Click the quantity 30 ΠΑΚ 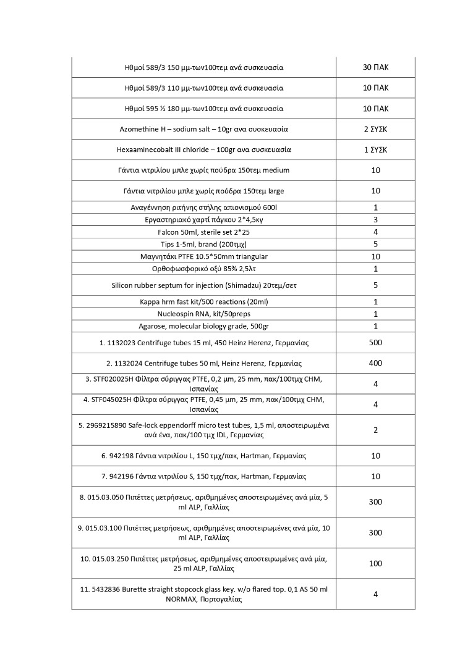coord(375,67)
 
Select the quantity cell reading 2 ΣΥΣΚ coord(375,129)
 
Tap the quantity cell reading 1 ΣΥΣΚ coord(375,149)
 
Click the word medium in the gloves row coord(276,170)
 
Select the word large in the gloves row coord(276,191)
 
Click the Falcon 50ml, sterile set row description coord(203,232)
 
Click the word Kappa coord(151,301)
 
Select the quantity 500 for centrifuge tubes coord(375,342)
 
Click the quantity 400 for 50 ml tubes coord(375,363)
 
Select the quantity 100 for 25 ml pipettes coord(375,563)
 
